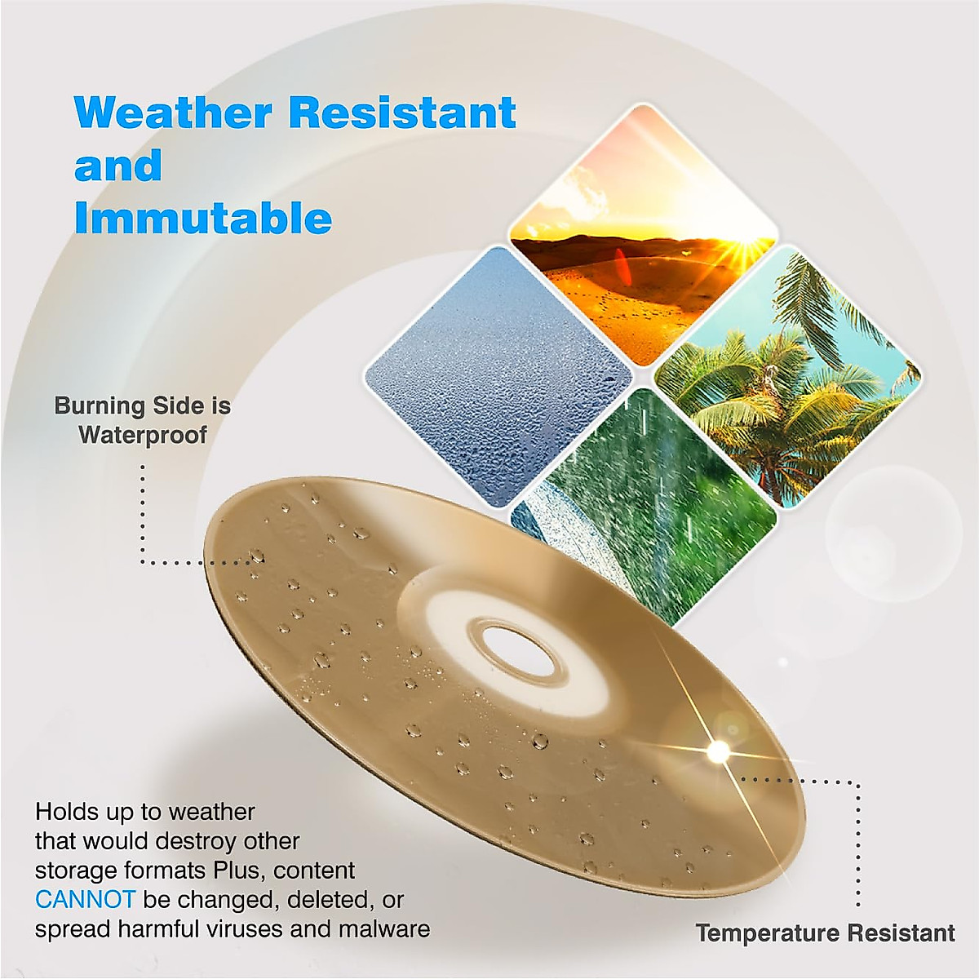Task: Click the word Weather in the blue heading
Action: (173, 112)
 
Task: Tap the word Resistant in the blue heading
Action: (405, 112)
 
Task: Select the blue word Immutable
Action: (203, 218)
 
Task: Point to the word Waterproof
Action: (144, 435)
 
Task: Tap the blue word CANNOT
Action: (85, 900)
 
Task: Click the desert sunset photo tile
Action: (644, 235)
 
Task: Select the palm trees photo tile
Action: (788, 376)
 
